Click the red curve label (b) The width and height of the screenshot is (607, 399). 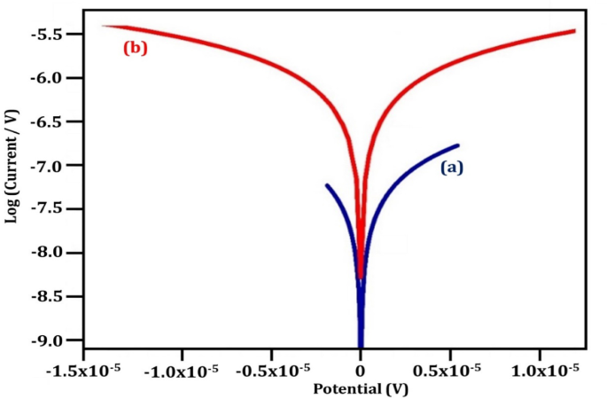135,49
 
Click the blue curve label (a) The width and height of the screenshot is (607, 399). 452,167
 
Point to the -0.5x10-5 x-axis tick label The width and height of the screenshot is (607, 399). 271,368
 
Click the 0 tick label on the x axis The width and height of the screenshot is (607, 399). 361,369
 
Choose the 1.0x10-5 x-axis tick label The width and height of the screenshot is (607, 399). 541,368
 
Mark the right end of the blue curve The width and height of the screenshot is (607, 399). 458,145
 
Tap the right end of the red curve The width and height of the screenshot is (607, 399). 574,31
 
